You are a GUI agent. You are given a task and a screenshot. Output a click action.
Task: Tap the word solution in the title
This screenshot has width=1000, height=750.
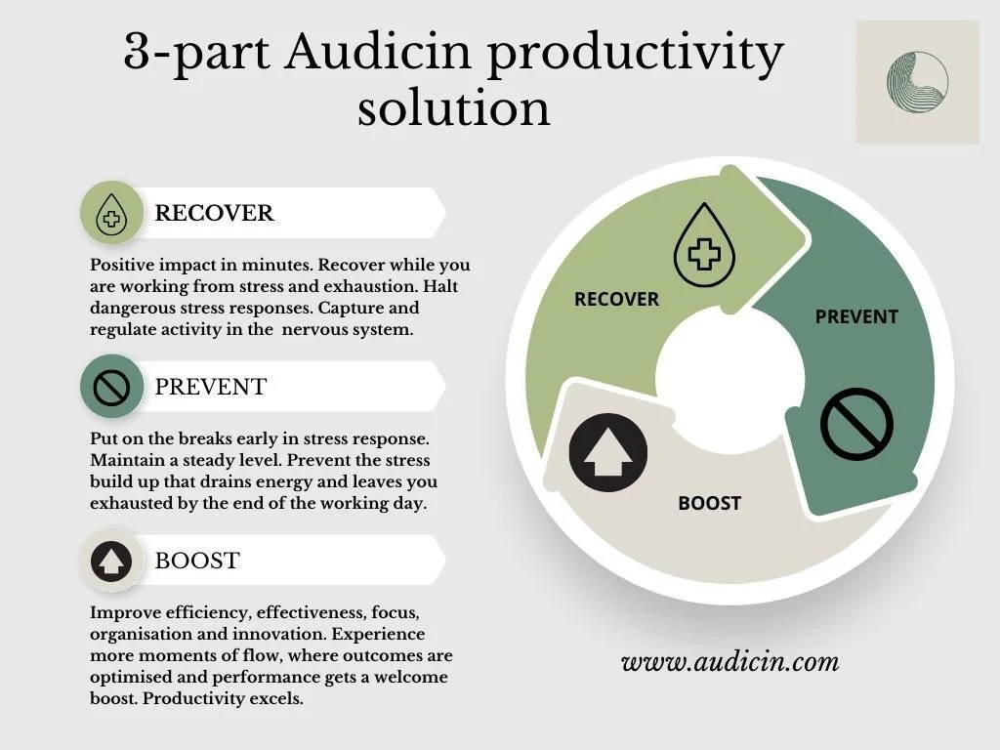point(453,107)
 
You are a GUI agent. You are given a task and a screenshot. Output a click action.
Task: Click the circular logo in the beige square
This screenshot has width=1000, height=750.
point(917,82)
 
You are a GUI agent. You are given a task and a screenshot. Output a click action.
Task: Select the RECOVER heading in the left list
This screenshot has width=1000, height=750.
point(214,213)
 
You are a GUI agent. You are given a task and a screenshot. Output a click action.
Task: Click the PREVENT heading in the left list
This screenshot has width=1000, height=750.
point(210,387)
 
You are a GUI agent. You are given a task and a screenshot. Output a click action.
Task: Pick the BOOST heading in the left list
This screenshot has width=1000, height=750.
point(197,561)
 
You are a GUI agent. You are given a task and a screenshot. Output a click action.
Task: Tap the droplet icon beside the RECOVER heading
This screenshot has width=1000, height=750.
point(111,213)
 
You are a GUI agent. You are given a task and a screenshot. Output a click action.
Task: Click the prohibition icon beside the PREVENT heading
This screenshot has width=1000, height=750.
point(111,387)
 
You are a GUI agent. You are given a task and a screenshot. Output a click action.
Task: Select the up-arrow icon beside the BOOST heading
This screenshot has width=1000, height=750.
point(111,561)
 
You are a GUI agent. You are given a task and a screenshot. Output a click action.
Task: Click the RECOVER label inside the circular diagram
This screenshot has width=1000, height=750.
point(616,299)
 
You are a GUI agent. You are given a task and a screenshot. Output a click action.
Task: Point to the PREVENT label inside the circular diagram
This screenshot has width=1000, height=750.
point(856,316)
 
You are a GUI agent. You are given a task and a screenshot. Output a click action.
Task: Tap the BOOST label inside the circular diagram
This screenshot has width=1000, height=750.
point(709,504)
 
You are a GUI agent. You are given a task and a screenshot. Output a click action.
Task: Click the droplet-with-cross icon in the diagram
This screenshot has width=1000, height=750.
point(704,246)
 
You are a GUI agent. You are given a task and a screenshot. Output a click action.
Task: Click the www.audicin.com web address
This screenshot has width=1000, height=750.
point(729,662)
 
